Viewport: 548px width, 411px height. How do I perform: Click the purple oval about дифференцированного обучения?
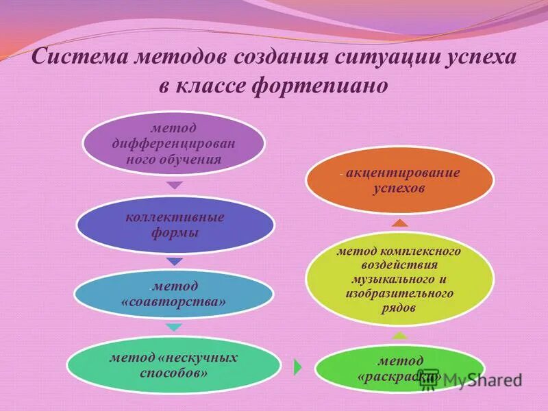pyautogui.click(x=173, y=144)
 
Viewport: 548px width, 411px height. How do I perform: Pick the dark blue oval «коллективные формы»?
pyautogui.click(x=174, y=225)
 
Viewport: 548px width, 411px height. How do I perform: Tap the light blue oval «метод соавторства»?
pyautogui.click(x=174, y=293)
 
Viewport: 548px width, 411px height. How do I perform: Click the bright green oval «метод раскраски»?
pyautogui.click(x=399, y=369)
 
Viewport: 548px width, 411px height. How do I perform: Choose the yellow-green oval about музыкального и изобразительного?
pyautogui.click(x=399, y=280)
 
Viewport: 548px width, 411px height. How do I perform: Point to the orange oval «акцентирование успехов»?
pyautogui.click(x=399, y=180)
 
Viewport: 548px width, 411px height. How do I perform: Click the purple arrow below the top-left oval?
pyautogui.click(x=175, y=185)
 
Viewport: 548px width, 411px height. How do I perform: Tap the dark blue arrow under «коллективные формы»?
pyautogui.click(x=175, y=261)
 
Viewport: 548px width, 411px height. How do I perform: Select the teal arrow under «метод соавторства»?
pyautogui.click(x=175, y=327)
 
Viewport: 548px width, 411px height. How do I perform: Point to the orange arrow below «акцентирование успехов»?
pyautogui.click(x=399, y=222)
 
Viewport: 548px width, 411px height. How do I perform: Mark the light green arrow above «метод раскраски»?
pyautogui.click(x=399, y=335)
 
